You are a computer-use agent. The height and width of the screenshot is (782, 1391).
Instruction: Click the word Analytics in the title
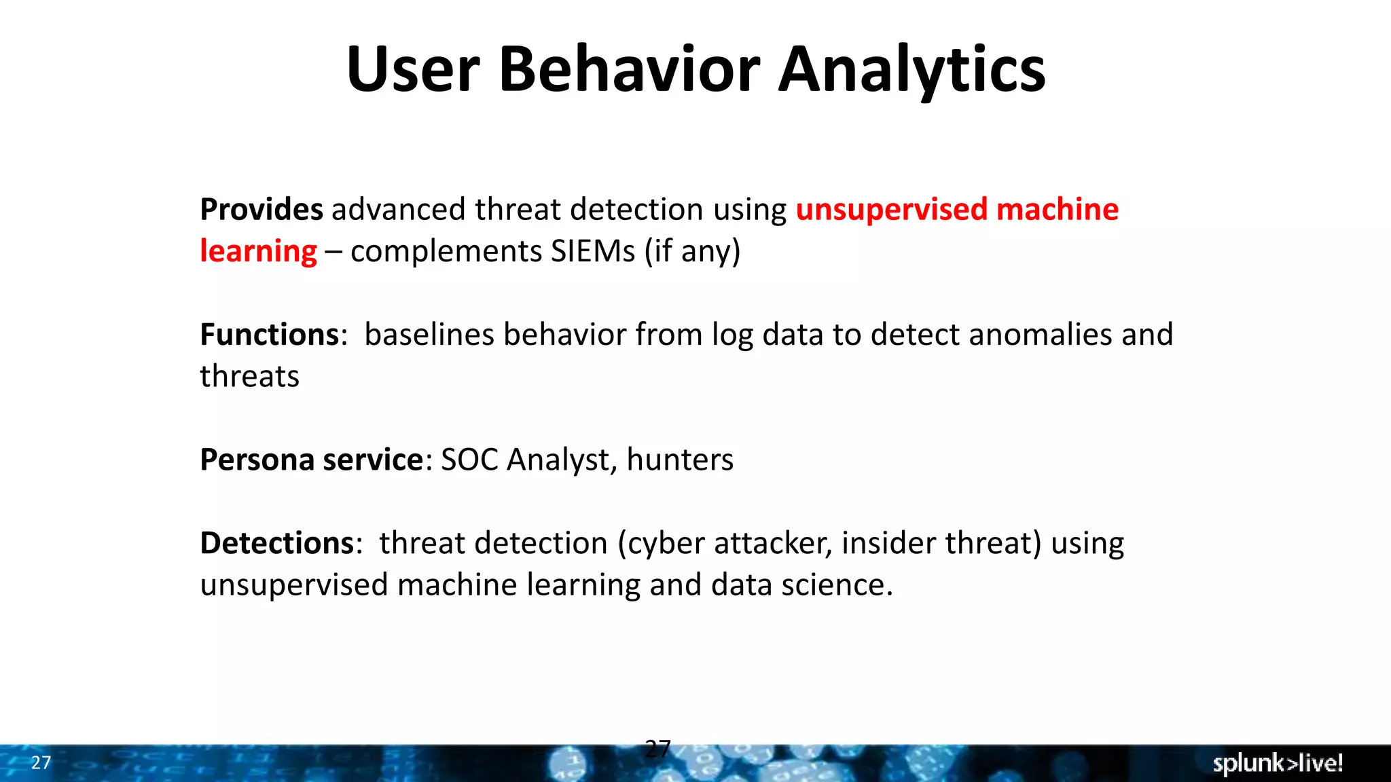911,70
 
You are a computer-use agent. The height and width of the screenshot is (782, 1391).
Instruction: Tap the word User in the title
413,70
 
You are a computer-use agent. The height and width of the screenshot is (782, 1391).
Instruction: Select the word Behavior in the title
630,70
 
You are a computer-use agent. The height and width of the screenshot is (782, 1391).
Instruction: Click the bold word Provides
261,210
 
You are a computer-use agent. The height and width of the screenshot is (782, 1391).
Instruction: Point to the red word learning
258,252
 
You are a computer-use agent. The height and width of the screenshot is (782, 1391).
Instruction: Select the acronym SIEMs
592,251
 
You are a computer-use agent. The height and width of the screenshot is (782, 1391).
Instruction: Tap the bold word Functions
270,335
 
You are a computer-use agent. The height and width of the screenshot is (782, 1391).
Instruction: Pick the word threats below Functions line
249,377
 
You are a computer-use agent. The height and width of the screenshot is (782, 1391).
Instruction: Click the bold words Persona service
312,460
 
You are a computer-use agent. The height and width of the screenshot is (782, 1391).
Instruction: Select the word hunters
680,460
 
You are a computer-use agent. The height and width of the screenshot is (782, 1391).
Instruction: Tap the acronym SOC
469,460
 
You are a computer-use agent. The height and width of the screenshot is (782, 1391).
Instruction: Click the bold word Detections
277,544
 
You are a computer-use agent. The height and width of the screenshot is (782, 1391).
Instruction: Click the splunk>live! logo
1278,763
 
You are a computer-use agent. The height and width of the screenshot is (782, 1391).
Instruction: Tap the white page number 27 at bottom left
41,763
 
